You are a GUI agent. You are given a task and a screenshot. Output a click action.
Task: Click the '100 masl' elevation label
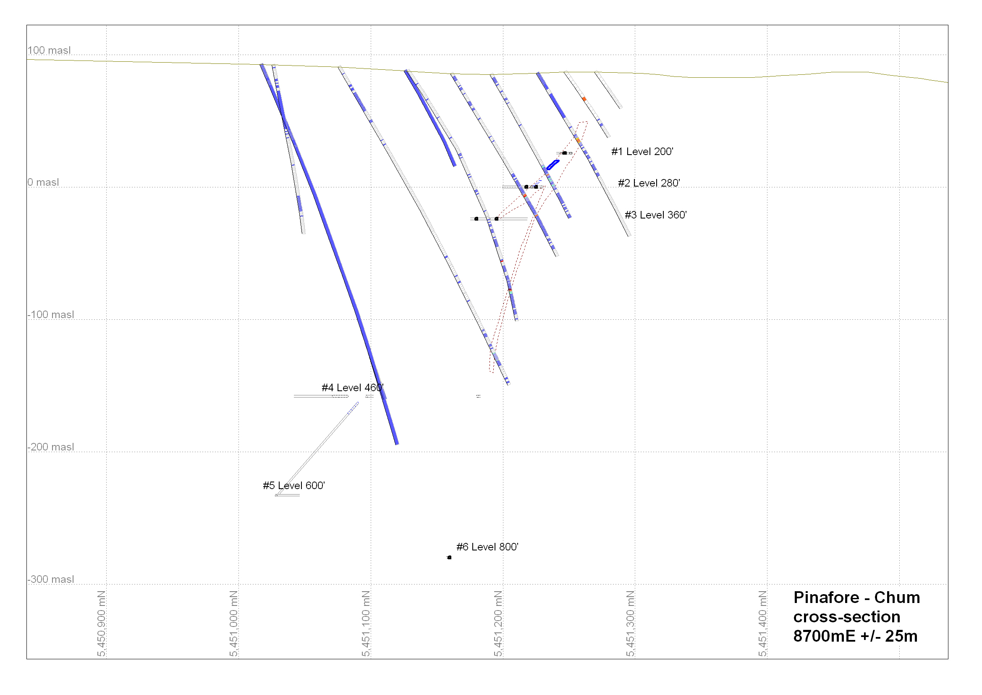[x=49, y=50]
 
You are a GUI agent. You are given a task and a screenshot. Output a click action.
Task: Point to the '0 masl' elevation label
[x=43, y=182]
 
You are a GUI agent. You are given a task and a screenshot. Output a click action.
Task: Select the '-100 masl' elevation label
[x=51, y=315]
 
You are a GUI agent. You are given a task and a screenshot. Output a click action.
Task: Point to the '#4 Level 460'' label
[x=352, y=388]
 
